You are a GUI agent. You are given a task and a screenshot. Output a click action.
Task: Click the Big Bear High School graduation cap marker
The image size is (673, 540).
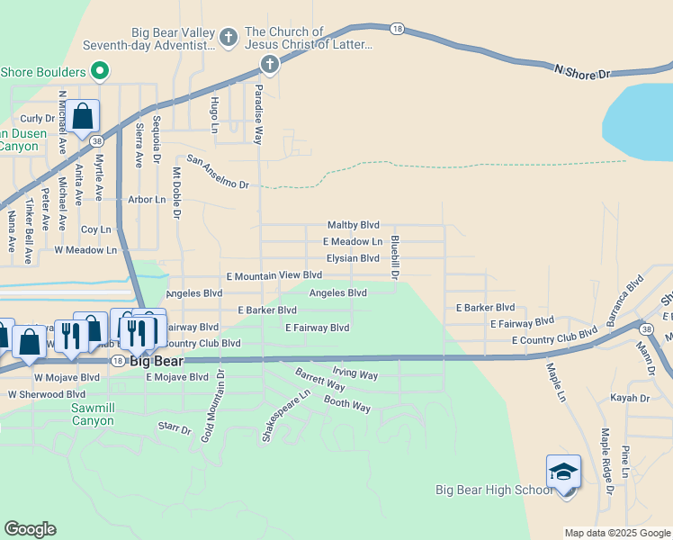(x=563, y=472)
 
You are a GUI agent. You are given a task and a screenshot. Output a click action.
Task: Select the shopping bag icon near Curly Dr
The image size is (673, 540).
(x=82, y=117)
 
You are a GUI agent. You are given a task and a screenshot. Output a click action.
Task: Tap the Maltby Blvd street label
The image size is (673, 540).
(x=353, y=225)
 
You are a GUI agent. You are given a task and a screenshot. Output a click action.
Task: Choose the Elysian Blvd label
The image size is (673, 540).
(x=352, y=258)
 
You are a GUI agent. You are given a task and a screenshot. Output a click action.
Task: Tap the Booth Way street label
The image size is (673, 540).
(x=347, y=406)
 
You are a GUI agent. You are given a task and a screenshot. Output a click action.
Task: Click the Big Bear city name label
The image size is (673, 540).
(x=157, y=362)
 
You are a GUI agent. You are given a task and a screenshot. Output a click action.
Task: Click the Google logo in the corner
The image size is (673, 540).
(x=30, y=529)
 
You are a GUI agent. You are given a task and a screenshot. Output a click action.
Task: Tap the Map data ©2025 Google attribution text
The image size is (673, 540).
(x=616, y=533)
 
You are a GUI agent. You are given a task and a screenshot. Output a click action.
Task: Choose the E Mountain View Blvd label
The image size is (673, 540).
(x=274, y=274)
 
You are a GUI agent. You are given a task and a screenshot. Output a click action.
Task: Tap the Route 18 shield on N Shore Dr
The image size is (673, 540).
(x=397, y=30)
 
